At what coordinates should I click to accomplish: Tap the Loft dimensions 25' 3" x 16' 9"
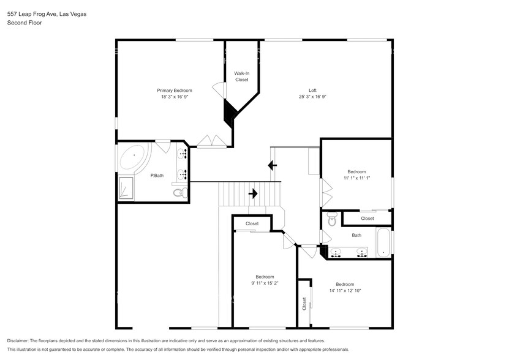click(x=312, y=97)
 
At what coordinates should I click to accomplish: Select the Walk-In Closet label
click(x=241, y=77)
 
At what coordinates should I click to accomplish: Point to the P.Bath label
click(x=157, y=176)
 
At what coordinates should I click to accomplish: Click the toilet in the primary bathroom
click(x=179, y=193)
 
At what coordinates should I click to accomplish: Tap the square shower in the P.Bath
click(x=125, y=187)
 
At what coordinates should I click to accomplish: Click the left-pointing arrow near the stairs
click(x=272, y=165)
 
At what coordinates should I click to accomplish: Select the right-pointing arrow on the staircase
click(x=252, y=194)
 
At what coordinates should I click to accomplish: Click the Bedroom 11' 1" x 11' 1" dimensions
click(x=356, y=178)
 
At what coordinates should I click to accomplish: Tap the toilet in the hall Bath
click(x=332, y=219)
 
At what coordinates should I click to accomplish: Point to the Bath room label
click(x=356, y=235)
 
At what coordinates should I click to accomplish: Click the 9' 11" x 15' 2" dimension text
click(x=265, y=283)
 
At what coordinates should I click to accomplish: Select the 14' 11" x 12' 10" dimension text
click(x=345, y=290)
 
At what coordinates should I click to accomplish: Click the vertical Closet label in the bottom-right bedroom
click(x=304, y=304)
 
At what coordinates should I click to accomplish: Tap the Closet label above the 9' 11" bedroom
click(x=252, y=223)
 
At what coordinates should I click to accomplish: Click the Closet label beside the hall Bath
click(x=367, y=218)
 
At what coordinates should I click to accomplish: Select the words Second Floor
click(x=21, y=23)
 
